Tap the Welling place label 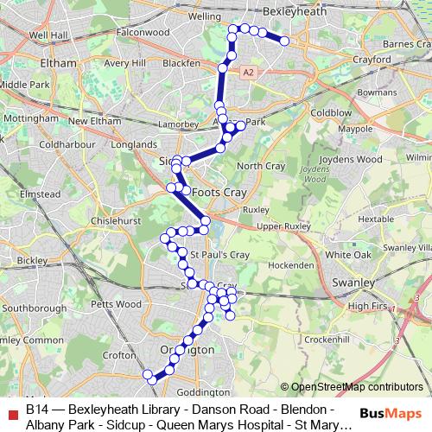coord(205,16)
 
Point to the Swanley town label coord(353,283)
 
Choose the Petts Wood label coord(116,303)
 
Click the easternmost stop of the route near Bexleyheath coord(284,40)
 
